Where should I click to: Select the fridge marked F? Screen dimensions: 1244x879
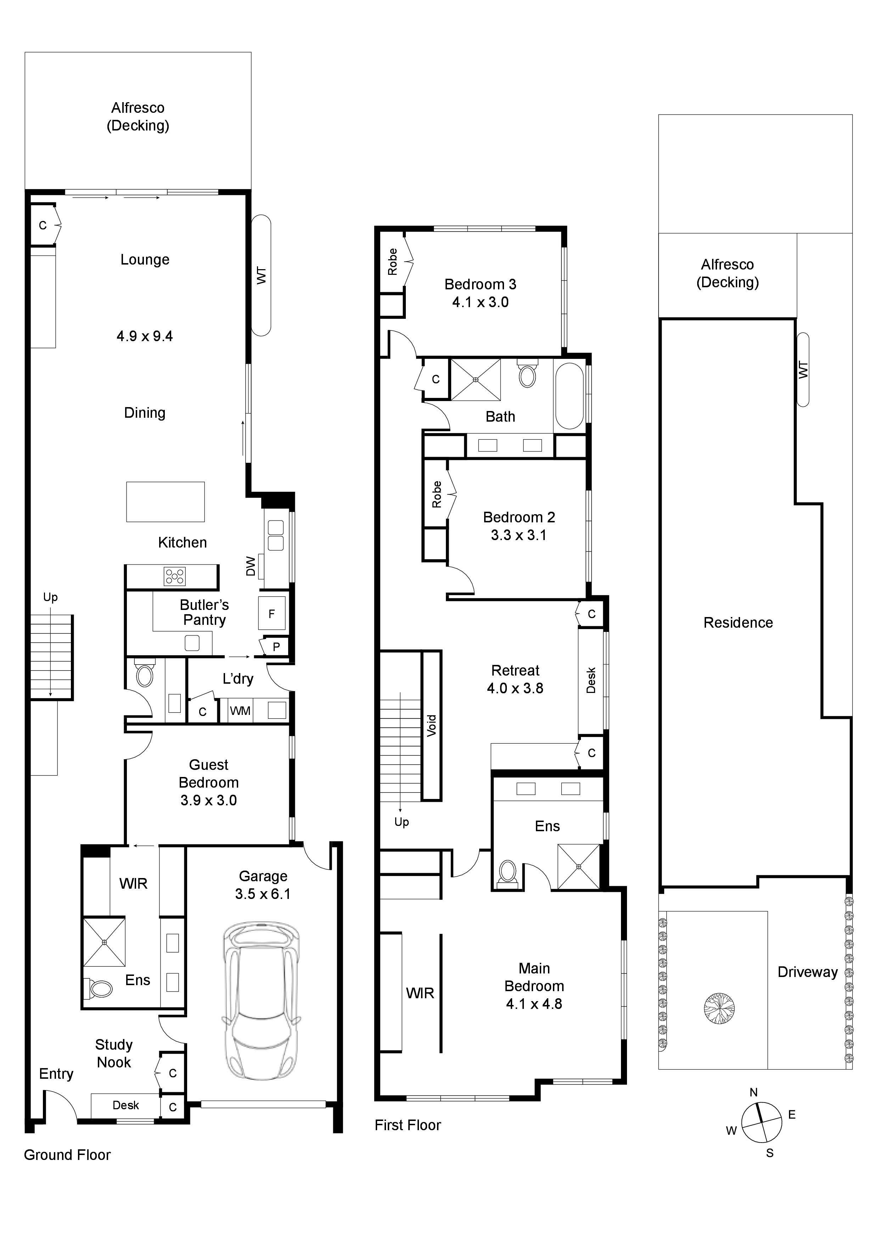271,613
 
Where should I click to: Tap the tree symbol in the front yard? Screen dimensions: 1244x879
719,1008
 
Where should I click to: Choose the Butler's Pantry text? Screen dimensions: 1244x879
204,612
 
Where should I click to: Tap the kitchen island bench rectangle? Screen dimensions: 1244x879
165,502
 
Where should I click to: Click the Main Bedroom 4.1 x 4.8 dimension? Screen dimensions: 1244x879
534,1004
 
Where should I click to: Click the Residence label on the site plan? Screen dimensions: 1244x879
738,623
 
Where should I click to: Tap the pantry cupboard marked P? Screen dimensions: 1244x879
276,646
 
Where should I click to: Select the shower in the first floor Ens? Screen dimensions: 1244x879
578,867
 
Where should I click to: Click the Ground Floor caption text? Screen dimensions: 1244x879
67,1155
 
